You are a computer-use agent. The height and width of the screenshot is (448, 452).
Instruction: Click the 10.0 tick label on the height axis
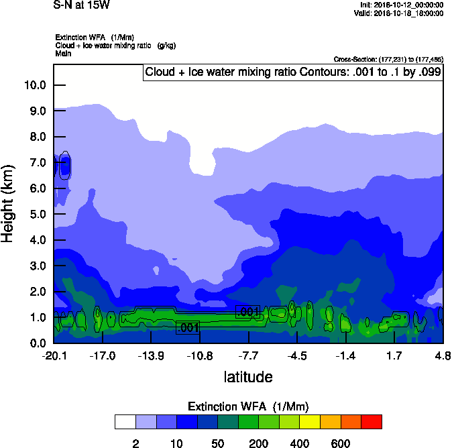click(35, 85)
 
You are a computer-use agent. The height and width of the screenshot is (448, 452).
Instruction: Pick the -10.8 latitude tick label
click(200, 355)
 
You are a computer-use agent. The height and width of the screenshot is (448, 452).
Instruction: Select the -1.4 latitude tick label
click(345, 355)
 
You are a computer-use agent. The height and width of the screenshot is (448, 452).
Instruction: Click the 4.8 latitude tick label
click(443, 355)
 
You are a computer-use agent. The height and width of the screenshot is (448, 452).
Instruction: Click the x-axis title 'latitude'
click(248, 377)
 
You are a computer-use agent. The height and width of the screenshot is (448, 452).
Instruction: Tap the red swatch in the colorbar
click(372, 422)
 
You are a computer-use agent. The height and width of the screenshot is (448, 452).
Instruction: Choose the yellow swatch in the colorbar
click(310, 422)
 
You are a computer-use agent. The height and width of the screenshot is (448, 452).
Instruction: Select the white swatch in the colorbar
click(125, 422)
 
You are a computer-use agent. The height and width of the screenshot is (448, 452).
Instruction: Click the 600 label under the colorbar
click(341, 443)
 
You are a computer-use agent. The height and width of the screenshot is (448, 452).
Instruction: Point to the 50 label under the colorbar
click(218, 443)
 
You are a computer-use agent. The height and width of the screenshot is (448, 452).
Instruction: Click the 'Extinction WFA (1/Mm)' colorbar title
click(248, 406)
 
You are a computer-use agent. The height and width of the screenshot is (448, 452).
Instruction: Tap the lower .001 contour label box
click(188, 328)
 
